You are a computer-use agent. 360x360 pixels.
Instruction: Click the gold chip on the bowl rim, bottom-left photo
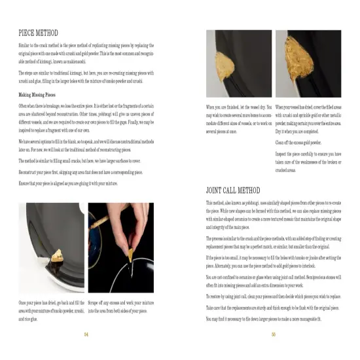pos(44,251)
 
